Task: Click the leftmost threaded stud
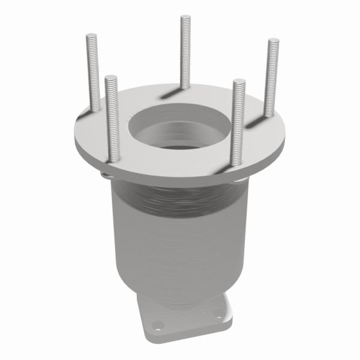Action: click(92, 72)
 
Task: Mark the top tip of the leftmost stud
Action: click(91, 36)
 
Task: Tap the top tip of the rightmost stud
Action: click(274, 40)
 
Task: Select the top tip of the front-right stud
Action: click(239, 80)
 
